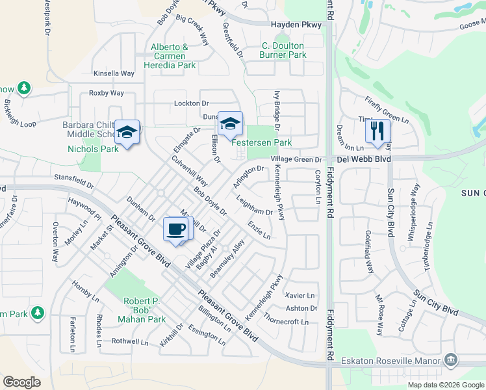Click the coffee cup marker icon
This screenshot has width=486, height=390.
coord(177,229)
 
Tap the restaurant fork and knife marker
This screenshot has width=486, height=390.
coord(377,130)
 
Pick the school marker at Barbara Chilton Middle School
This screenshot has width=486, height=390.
coord(127,132)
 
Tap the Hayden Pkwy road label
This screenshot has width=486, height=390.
coord(296,25)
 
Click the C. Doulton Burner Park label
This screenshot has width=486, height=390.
coord(284,51)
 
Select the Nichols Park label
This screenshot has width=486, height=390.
coord(93,149)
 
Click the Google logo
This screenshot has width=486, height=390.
coord(21,382)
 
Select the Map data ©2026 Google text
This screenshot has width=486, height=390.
coord(445,384)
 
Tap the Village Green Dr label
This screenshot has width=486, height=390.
coord(296,159)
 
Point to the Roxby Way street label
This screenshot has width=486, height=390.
coord(106,93)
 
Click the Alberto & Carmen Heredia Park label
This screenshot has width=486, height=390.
coord(173,56)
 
